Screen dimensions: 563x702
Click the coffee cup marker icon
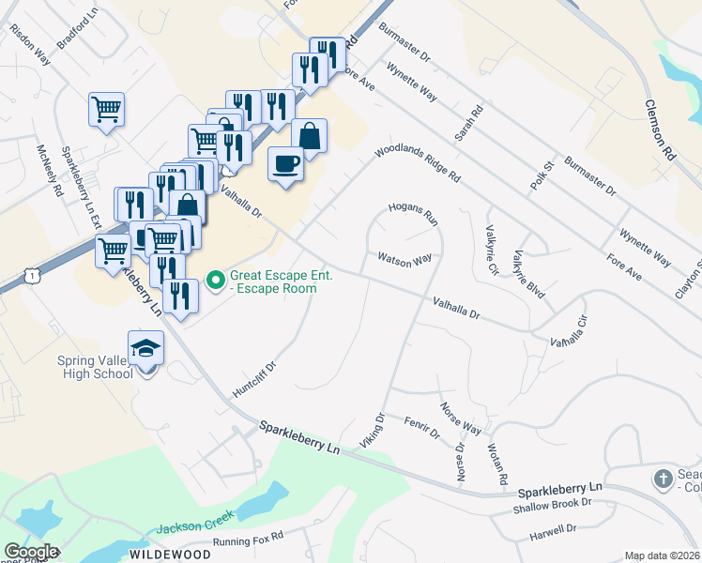(x=285, y=163)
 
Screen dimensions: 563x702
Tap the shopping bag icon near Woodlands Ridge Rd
(x=309, y=135)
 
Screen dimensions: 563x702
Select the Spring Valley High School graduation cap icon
(x=145, y=348)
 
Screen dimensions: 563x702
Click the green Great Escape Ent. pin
(x=215, y=279)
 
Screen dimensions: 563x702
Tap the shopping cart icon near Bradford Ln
(x=106, y=108)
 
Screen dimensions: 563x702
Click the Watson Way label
(x=404, y=260)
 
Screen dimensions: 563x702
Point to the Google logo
(x=30, y=552)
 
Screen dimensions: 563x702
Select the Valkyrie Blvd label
(x=529, y=275)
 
